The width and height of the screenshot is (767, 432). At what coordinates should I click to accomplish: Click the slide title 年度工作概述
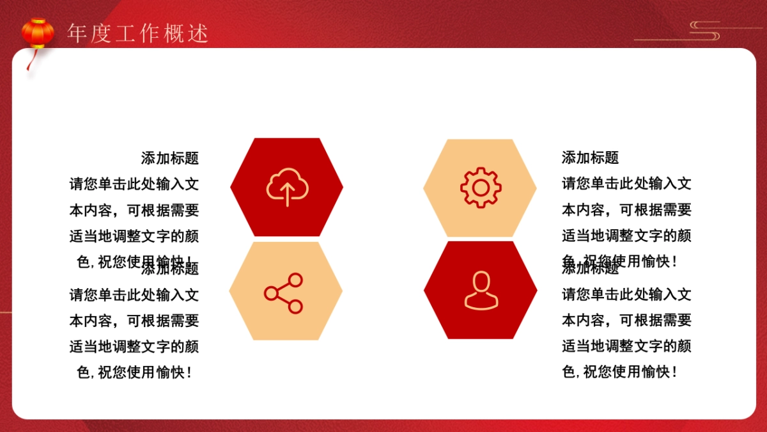(138, 34)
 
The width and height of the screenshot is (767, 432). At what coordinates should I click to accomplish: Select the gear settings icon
(480, 187)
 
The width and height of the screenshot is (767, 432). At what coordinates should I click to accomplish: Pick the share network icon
(284, 293)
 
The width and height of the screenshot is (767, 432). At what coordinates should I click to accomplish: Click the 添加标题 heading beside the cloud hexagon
(169, 157)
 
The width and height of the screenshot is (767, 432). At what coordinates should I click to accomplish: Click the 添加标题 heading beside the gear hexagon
(590, 157)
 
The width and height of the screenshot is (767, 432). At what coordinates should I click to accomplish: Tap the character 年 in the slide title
(77, 34)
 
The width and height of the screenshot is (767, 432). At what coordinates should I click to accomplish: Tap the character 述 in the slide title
(199, 34)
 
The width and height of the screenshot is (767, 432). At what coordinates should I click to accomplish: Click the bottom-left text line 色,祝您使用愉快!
(134, 372)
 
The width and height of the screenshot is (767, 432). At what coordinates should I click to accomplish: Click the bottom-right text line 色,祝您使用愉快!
(619, 372)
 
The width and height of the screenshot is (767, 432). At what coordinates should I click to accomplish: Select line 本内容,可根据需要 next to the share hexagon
(134, 321)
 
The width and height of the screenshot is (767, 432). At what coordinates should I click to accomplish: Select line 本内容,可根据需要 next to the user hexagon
(626, 321)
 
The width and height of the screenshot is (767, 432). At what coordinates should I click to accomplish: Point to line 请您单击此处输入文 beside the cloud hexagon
(134, 184)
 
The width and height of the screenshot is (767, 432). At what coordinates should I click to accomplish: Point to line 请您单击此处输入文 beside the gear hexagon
(626, 184)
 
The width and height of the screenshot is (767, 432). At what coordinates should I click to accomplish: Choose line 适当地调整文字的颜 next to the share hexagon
(134, 347)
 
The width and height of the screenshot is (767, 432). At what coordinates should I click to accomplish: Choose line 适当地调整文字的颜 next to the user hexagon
(626, 347)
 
